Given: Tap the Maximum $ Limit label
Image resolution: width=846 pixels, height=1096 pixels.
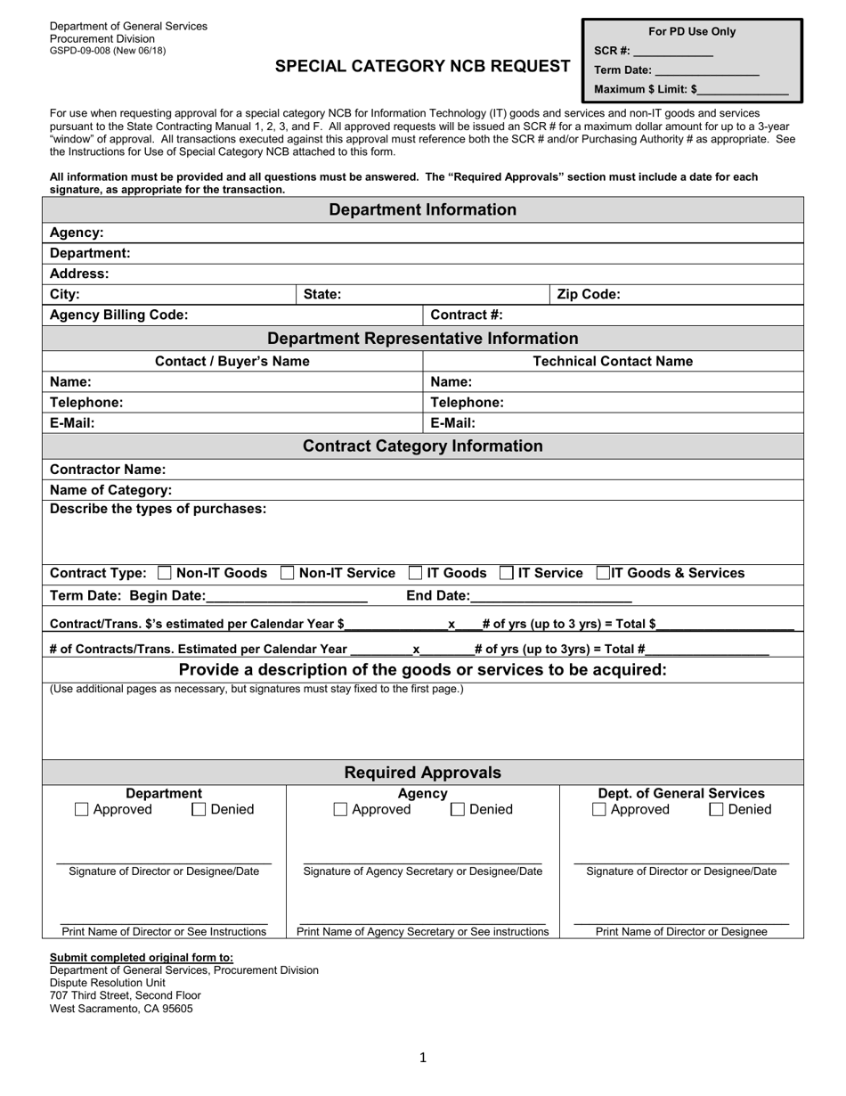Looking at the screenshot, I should pos(645,89).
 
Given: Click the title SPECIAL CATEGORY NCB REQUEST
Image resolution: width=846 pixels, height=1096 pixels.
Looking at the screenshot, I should pos(423,66).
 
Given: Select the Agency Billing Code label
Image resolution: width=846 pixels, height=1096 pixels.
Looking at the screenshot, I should pos(119,315).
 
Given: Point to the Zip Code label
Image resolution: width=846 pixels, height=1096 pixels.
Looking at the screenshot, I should pos(589,294).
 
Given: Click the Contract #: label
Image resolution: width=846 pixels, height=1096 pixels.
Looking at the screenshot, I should pos(467,315).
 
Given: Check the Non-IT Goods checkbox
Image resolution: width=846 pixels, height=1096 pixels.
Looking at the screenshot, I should pos(165,573).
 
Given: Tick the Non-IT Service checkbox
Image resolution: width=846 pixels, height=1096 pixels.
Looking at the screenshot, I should pos(288,573).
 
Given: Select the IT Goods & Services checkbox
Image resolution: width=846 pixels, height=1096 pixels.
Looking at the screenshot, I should pos(603,573).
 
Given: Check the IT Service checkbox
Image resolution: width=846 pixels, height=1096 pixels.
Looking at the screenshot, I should pos(506,573).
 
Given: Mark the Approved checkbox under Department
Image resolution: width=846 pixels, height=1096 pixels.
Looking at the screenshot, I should pos(82,810).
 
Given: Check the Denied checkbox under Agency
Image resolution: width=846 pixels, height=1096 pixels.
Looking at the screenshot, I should pos(458,810).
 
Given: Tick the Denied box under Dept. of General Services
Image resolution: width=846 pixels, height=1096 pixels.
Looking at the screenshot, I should pos(716,810).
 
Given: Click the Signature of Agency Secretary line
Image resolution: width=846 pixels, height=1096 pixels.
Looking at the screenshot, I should pos(422,861).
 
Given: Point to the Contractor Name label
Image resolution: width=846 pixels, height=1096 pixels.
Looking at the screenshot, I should pos(108,470).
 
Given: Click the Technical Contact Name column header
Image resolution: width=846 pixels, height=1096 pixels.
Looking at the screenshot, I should pos(613,361).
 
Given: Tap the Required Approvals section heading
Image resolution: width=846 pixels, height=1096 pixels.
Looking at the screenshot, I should pos(423,773).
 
